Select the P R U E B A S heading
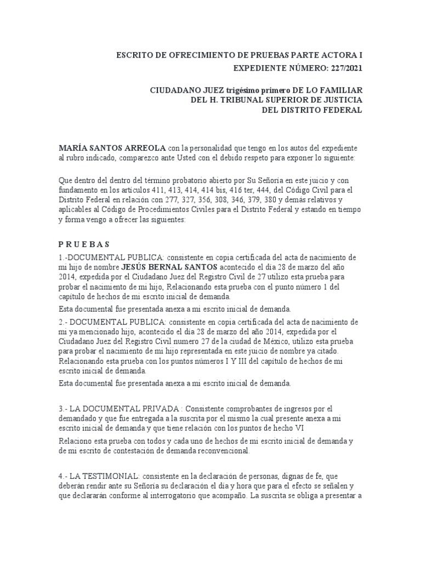click(x=85, y=244)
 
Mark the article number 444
click(x=255, y=189)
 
